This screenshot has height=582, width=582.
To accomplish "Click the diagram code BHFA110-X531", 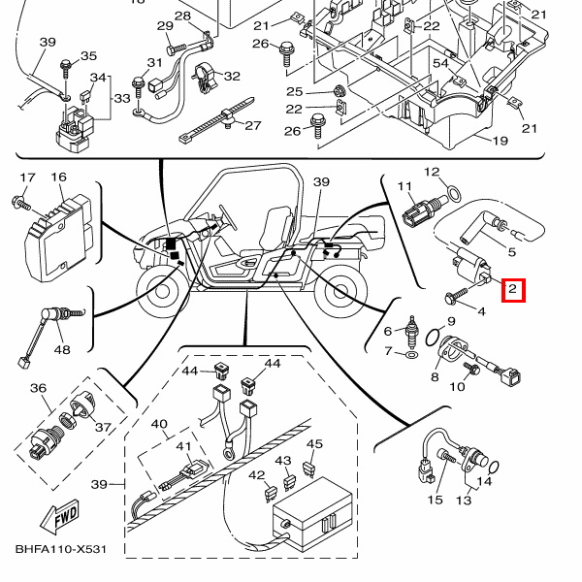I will [60, 550].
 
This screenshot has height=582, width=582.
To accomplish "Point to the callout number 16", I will [58, 178].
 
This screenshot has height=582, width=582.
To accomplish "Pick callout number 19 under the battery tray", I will [500, 141].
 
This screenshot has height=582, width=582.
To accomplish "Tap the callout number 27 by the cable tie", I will [253, 126].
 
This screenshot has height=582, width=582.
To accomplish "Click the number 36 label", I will [39, 389].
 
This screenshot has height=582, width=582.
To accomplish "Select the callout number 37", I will [103, 429].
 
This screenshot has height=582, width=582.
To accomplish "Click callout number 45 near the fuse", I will [314, 444].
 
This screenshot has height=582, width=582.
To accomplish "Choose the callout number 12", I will [432, 173].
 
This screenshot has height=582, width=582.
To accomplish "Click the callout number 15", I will [435, 500].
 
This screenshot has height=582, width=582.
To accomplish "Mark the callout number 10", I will [457, 386].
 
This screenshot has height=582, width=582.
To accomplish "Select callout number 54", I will [440, 63].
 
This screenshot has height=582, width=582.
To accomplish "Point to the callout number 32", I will [232, 76].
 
